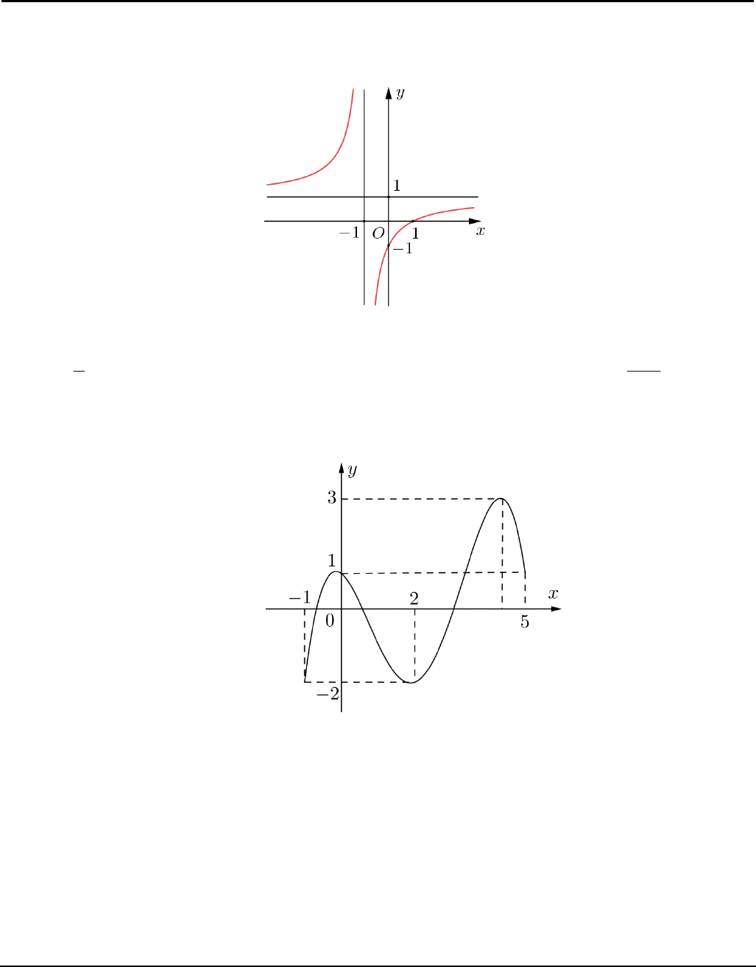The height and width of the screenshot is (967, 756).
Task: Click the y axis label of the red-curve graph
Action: click(x=400, y=94)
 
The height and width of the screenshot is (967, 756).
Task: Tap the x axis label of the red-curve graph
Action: click(x=480, y=231)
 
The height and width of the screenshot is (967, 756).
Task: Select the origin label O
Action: click(x=378, y=233)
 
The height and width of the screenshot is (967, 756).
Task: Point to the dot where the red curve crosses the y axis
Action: click(x=388, y=246)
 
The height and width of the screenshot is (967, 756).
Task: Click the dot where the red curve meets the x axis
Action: click(x=413, y=221)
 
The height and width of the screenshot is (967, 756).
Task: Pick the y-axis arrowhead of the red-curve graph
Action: click(x=388, y=93)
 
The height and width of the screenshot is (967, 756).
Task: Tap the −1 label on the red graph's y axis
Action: click(x=403, y=249)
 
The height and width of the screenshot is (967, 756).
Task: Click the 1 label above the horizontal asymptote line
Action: click(x=397, y=186)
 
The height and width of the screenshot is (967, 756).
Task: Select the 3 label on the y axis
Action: click(x=332, y=498)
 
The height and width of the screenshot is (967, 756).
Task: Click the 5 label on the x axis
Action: click(x=525, y=622)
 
